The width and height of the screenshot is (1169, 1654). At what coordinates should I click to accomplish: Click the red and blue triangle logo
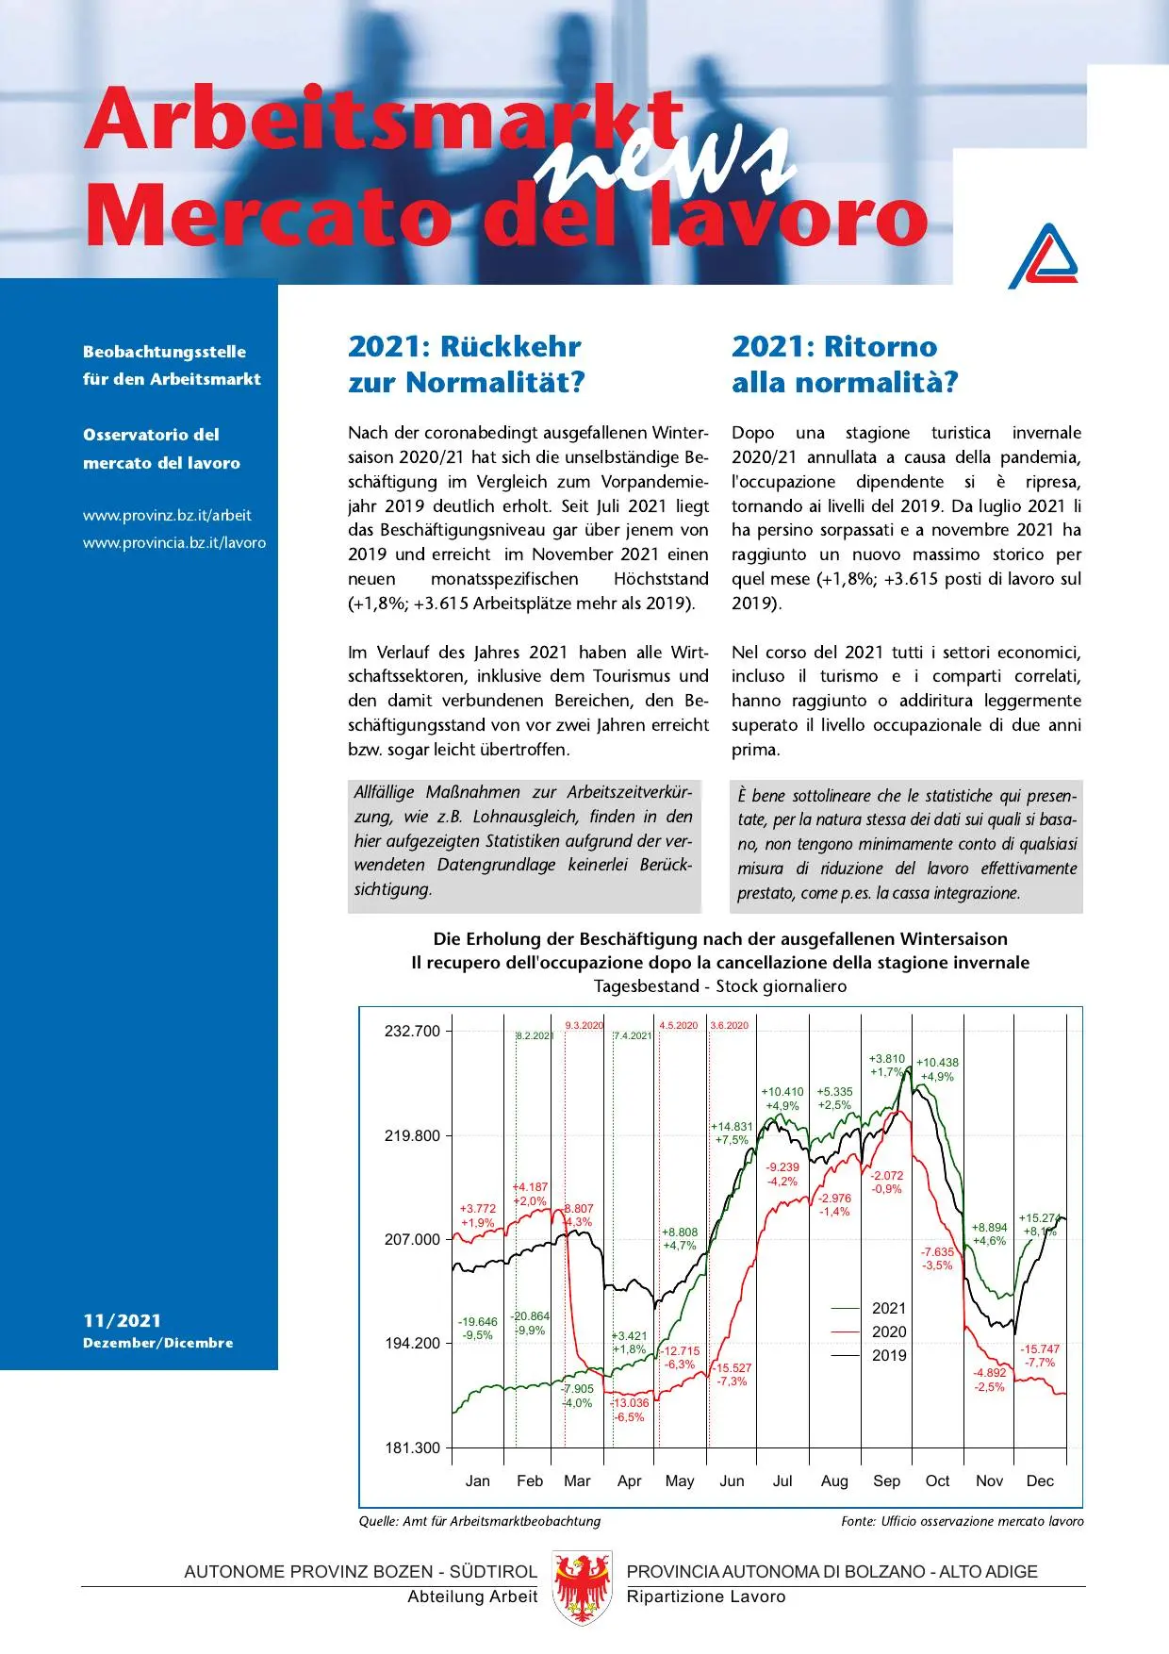point(1043,256)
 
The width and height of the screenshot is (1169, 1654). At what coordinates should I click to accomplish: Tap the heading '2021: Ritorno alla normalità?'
point(845,364)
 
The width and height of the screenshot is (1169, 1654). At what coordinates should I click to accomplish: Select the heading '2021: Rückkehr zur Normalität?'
point(467,364)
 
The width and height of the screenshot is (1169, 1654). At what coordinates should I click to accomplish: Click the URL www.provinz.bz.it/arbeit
point(167,516)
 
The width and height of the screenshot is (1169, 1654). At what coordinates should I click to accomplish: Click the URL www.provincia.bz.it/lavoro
point(174,543)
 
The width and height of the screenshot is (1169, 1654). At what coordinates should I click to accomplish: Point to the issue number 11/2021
point(122,1321)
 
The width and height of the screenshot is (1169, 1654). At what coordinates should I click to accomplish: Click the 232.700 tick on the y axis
point(412,1031)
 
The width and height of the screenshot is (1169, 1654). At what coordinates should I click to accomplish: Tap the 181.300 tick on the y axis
point(412,1447)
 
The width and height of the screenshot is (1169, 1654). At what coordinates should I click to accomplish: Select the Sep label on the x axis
point(886,1480)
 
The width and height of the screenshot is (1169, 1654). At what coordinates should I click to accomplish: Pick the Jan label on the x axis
point(478,1480)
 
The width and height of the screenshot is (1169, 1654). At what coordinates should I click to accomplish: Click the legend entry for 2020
point(888,1331)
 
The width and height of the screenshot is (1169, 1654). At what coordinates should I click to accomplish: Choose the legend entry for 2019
point(888,1355)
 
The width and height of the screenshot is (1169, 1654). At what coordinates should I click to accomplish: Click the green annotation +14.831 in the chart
point(732,1126)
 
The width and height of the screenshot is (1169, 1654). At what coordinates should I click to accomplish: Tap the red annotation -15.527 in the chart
point(732,1367)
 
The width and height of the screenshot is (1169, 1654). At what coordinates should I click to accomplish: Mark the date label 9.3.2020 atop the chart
point(584,1025)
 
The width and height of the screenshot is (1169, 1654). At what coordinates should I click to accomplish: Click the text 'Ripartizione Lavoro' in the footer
point(705,1596)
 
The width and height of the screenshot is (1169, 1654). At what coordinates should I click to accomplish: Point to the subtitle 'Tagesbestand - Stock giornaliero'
point(720,986)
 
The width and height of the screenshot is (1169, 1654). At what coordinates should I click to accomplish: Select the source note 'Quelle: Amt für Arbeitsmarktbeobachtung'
point(479,1521)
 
